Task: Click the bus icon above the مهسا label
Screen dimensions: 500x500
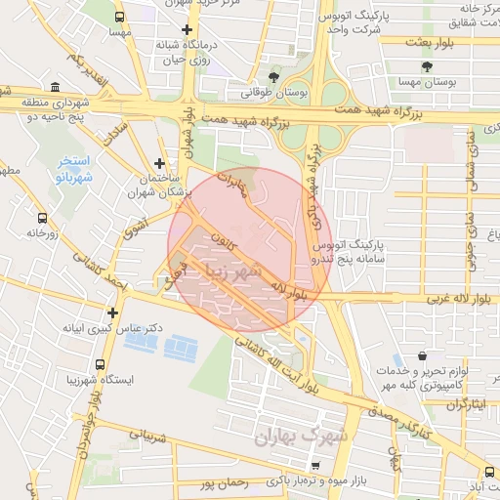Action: point(120,17)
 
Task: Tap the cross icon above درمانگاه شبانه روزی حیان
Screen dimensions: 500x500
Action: point(187,29)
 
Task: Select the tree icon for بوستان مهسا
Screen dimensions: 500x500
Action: point(426,66)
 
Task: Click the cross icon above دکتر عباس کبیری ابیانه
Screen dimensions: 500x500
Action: point(114,313)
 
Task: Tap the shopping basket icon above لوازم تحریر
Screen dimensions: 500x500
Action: point(421,356)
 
